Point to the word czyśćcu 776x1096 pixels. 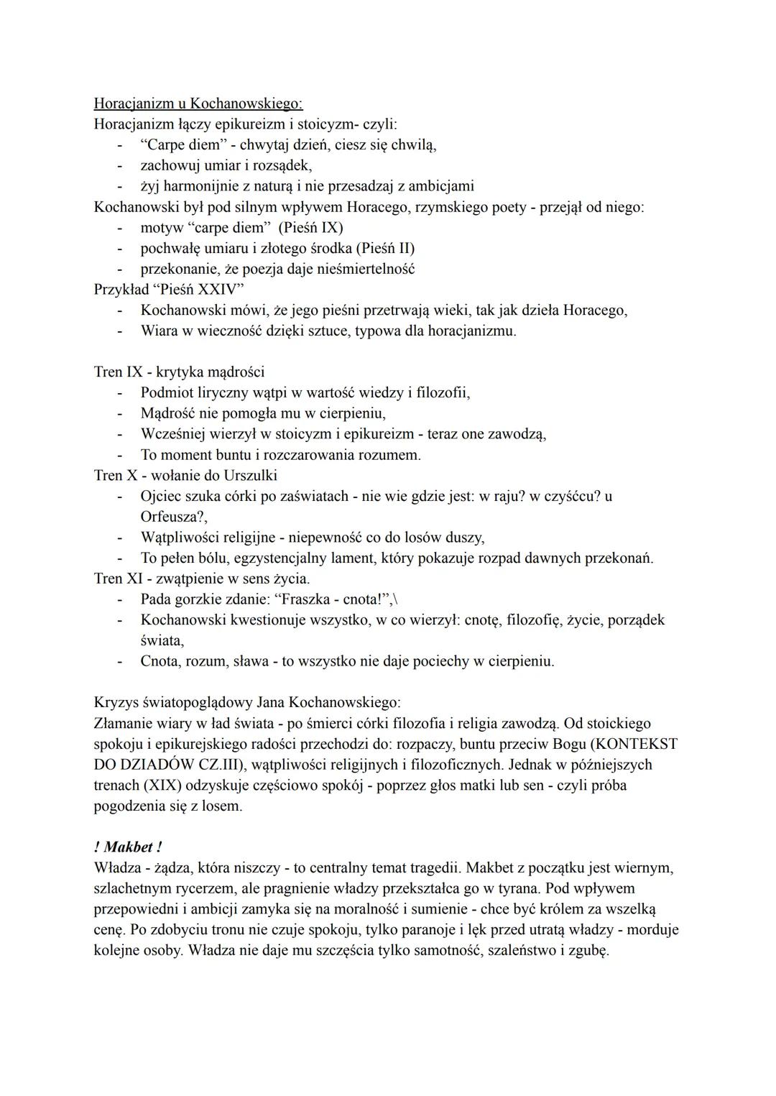(x=568, y=497)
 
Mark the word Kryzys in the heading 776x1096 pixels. (x=115, y=702)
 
